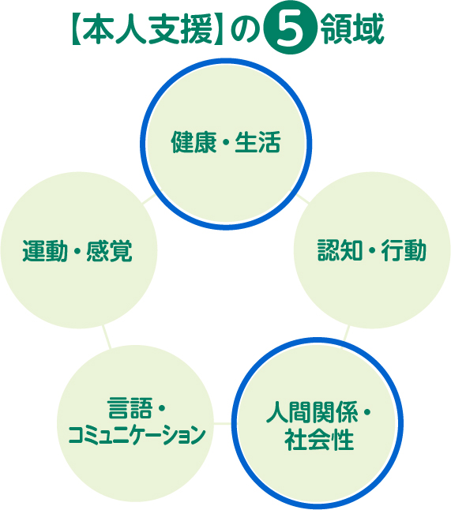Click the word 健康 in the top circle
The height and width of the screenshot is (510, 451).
point(194,142)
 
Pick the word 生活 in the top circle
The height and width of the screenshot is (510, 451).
point(257,142)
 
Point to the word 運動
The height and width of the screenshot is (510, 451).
point(45,251)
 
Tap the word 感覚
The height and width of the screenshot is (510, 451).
point(109,251)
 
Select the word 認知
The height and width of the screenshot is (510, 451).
point(340,250)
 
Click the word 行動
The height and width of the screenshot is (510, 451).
point(404,250)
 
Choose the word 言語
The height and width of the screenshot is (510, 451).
point(130,408)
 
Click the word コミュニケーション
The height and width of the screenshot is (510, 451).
point(137,434)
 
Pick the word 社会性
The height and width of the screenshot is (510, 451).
point(319,440)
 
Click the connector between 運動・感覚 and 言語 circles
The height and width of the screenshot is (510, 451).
point(107,337)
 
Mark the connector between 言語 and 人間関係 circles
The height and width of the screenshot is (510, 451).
point(222,423)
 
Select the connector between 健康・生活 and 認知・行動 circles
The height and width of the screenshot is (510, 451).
point(301,198)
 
